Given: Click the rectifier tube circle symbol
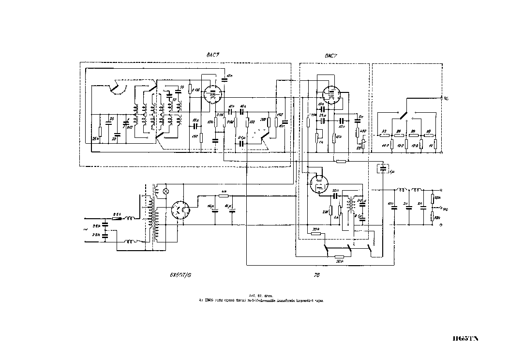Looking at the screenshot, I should point(180,211).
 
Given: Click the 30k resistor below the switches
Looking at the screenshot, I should point(339,256).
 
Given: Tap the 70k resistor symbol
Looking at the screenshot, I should point(316,233).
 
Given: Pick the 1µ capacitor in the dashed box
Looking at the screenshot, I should point(383,169).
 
